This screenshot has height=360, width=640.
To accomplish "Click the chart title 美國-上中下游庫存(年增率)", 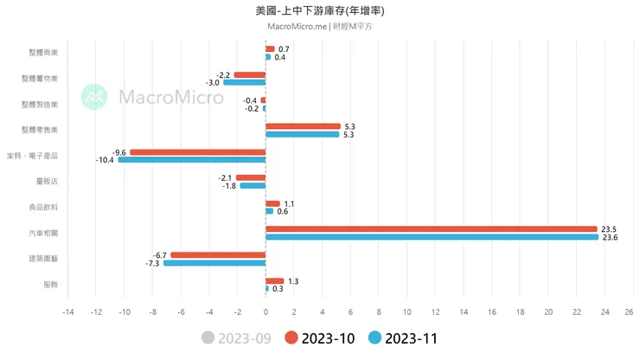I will point(320,10).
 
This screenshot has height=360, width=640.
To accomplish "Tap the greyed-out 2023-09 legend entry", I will point(236,338).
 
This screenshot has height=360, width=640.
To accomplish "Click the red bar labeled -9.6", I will point(197,152).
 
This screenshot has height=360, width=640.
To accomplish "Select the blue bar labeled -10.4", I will point(191,160).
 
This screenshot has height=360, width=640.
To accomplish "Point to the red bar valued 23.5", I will point(431,228).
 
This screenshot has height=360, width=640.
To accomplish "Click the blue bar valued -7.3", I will point(214,262).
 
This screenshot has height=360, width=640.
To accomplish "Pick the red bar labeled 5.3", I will point(303,126).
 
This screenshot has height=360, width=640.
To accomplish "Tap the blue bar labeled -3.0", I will point(244,82).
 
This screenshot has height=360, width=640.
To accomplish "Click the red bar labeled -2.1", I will point(251,177).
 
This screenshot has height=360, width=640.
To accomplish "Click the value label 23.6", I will point(609,237).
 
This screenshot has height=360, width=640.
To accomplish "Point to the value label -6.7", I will point(159,254).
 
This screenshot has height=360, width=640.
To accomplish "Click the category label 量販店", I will point(48,181).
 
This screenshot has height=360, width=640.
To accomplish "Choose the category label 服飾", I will point(50,284).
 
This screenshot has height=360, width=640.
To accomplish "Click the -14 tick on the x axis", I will point(67,312).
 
